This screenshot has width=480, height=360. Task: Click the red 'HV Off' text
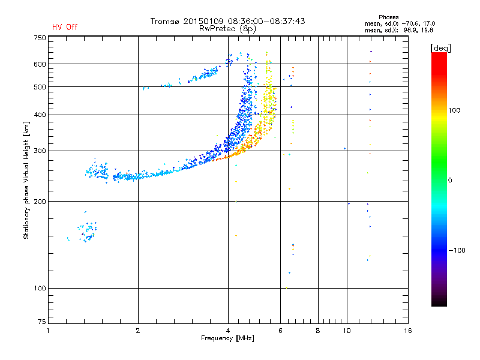coord(65,27)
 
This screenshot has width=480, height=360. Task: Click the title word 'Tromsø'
coord(166,21)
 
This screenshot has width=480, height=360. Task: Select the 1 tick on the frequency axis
coord(49,331)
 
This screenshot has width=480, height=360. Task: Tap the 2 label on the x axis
coord(138,331)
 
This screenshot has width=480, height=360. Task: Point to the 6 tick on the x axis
coord(280,331)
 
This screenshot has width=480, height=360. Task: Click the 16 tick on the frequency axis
coord(407,331)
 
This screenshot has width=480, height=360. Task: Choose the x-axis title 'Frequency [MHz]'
coord(227,339)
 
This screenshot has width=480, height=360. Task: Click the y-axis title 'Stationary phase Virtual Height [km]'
coord(26,180)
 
